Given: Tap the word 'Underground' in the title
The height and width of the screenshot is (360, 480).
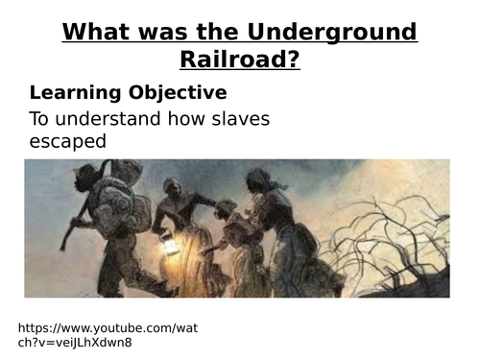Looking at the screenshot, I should pos(344,32).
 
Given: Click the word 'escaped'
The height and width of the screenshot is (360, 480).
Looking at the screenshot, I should pos(67,141).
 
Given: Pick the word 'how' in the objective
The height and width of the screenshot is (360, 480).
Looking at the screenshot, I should pos(186,119).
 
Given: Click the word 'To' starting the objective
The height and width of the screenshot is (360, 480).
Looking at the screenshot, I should pos(40,119).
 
